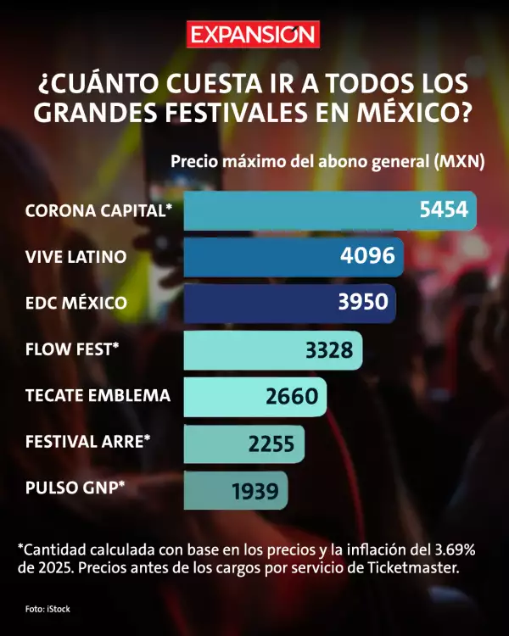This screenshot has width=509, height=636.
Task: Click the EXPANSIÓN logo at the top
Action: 253,35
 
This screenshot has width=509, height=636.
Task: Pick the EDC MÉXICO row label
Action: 76,303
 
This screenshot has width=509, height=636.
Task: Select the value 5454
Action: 444,209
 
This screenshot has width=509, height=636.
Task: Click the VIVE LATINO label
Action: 76,256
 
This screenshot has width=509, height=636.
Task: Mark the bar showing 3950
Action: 289,303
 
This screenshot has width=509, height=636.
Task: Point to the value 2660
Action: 291,396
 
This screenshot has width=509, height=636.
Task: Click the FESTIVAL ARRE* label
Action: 88,441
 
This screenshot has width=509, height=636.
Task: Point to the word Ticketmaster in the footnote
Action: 414,567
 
